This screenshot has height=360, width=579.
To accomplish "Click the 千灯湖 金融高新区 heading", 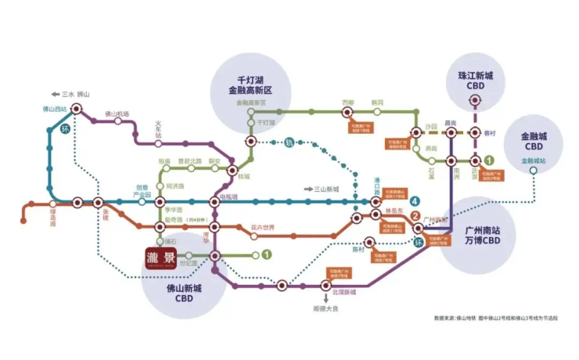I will [254, 85].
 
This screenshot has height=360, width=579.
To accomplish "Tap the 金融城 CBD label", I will [535, 141].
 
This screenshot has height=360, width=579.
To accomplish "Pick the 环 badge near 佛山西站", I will [66, 129].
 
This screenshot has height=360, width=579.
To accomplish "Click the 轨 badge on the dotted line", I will [288, 142].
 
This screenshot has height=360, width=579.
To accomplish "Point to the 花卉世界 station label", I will [264, 228].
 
